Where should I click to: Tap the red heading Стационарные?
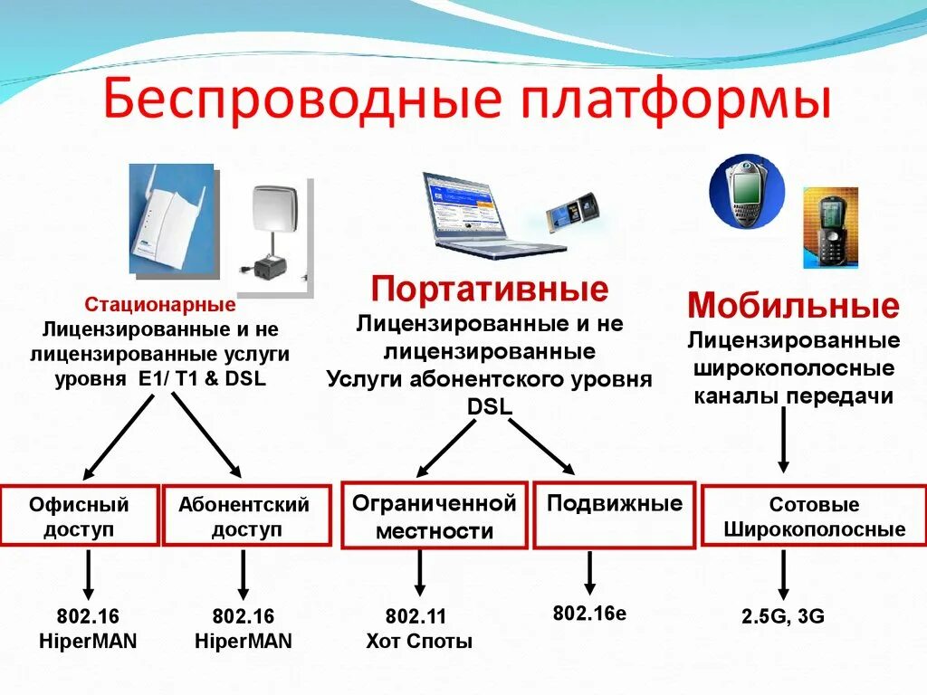click(160, 305)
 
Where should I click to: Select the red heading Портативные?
click(490, 290)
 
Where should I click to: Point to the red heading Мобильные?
click(793, 306)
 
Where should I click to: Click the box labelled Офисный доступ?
click(79, 516)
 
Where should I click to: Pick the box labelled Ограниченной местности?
click(434, 516)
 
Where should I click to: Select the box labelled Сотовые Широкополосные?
click(814, 517)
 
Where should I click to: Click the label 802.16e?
click(589, 614)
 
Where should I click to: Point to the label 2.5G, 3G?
click(783, 617)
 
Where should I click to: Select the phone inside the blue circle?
click(744, 191)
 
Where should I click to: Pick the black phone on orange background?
click(830, 227)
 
